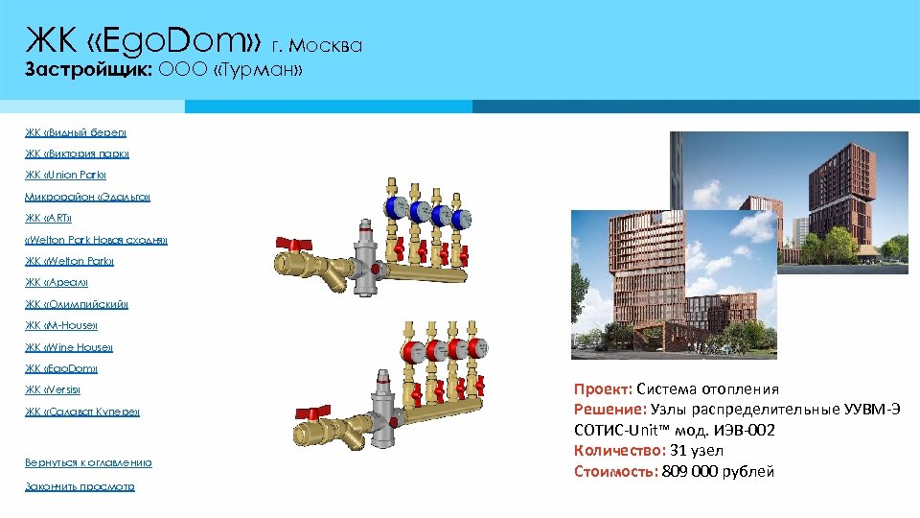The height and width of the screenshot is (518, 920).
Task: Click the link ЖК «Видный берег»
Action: click(x=76, y=132)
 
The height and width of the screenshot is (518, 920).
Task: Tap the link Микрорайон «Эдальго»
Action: click(x=87, y=197)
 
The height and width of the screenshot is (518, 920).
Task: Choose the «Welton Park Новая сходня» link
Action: click(x=96, y=240)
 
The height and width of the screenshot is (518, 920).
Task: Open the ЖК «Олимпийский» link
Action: click(x=77, y=304)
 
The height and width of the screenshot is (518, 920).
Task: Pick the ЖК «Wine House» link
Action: click(x=69, y=347)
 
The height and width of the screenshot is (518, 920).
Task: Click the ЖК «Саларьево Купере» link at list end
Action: click(x=82, y=412)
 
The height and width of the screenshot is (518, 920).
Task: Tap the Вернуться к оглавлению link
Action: click(x=88, y=462)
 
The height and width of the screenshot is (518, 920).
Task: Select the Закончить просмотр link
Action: click(x=80, y=486)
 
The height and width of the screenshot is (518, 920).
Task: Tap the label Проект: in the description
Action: click(x=603, y=389)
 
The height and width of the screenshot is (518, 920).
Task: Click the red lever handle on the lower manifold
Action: click(x=309, y=413)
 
